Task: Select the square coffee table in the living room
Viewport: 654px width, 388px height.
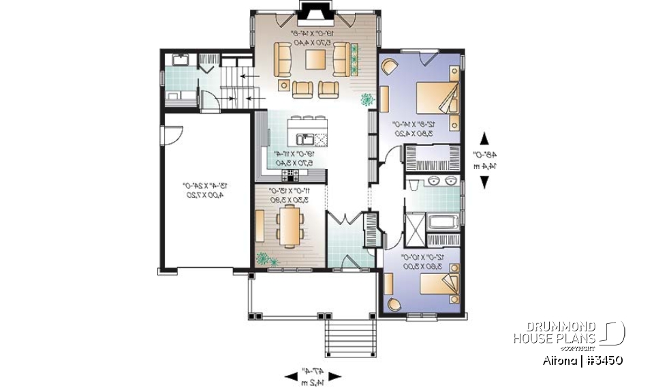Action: coord(315,60)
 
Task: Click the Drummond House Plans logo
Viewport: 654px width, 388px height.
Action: coord(568,333)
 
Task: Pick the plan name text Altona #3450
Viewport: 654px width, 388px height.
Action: coord(584,360)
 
